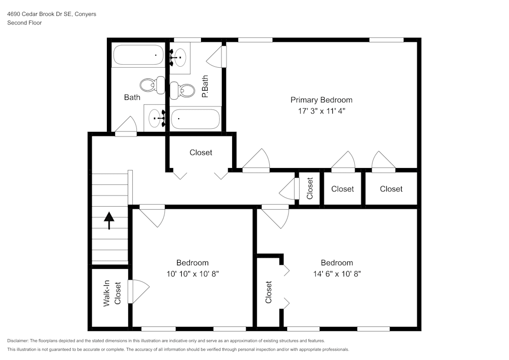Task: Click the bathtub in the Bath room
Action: point(138,55)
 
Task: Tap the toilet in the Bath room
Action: point(152,86)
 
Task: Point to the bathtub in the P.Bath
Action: point(195,119)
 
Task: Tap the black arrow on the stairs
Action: point(109,220)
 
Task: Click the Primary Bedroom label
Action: point(321,100)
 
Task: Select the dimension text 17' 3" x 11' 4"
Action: point(321,111)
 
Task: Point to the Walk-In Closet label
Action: point(112,293)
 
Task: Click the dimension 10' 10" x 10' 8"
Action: point(192,274)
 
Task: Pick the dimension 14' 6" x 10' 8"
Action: point(337,274)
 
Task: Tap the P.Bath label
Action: point(205,87)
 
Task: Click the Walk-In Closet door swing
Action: point(138,291)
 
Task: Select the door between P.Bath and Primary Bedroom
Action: point(216,57)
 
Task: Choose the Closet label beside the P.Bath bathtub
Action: point(201,153)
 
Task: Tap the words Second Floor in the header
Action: point(24,23)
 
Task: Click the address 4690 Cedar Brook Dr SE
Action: point(40,14)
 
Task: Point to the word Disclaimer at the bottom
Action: point(17,341)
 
